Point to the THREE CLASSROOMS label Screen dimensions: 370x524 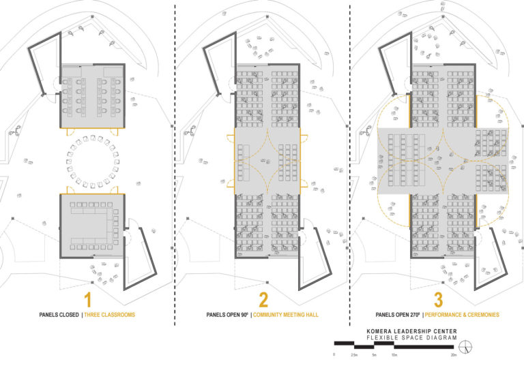(x=108, y=315)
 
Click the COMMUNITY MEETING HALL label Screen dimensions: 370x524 (x=287, y=315)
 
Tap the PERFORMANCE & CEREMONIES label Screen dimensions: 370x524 (x=463, y=315)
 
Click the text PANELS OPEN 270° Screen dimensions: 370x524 (x=396, y=315)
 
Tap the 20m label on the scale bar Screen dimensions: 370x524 (x=454, y=356)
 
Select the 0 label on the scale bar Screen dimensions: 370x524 (x=334, y=356)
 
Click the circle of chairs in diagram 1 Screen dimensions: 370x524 (x=92, y=160)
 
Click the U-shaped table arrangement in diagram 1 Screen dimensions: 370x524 (x=92, y=223)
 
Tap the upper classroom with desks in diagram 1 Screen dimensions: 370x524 (x=91, y=95)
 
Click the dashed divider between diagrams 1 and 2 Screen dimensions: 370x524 (x=175, y=170)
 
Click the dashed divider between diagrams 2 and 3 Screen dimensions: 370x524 (x=350, y=170)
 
